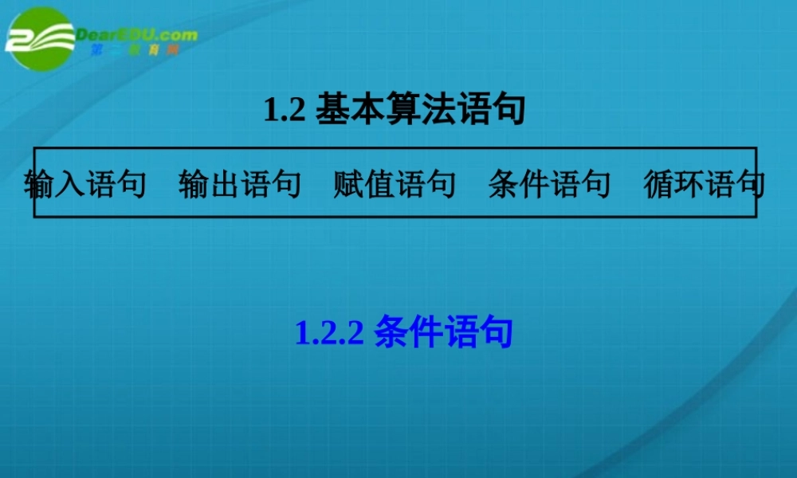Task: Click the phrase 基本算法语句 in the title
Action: (x=421, y=110)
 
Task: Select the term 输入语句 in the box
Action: (x=85, y=184)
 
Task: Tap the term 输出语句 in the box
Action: (x=240, y=184)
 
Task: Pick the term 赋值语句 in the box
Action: (x=395, y=184)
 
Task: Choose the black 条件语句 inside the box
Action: (x=549, y=184)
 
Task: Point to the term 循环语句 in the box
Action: (x=704, y=184)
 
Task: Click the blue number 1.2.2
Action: (x=329, y=332)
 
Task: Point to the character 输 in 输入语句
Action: (x=40, y=184)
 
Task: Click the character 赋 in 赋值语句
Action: (x=348, y=184)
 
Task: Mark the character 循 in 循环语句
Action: (x=658, y=184)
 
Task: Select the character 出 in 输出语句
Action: (x=225, y=184)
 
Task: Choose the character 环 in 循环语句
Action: (x=689, y=184)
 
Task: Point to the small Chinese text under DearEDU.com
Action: (x=135, y=50)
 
